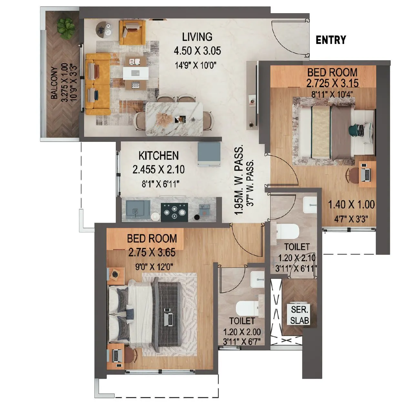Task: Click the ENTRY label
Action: tap(330, 40)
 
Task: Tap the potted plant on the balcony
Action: tap(66, 28)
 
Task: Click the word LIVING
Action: tap(197, 37)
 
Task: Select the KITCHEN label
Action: tap(158, 156)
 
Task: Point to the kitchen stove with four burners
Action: tap(174, 212)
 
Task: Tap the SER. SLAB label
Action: tap(299, 315)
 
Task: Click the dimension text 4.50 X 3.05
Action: tap(197, 51)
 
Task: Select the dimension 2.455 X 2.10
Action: tap(158, 170)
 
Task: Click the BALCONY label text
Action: tap(54, 83)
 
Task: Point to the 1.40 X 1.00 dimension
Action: tap(351, 204)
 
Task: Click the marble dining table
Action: tap(175, 118)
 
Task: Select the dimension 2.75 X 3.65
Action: tap(152, 252)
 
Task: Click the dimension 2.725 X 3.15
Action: tap(332, 83)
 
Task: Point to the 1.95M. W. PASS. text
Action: tap(238, 180)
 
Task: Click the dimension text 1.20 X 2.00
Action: tap(242, 332)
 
